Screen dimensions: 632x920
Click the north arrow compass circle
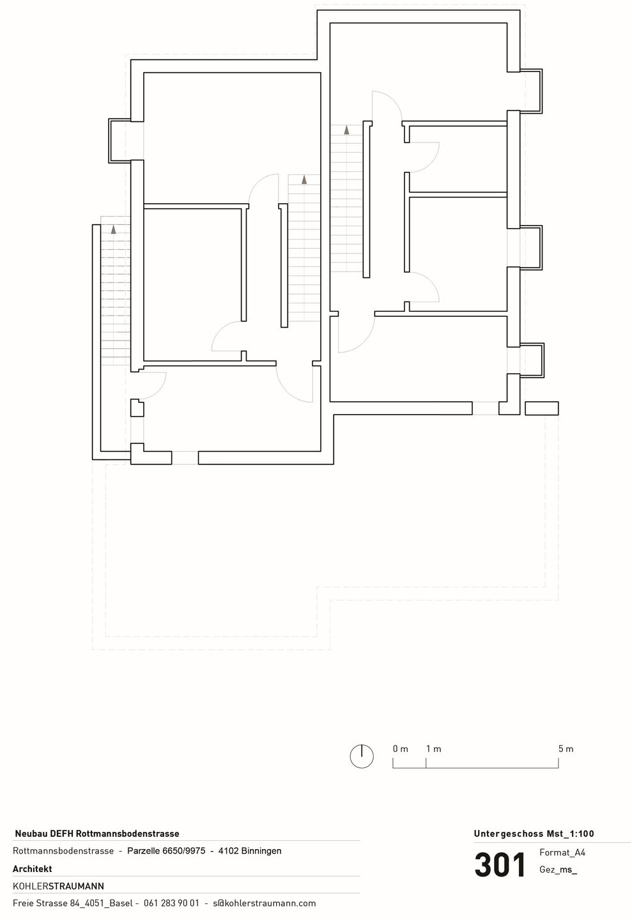(362, 756)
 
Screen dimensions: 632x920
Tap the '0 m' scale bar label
(400, 749)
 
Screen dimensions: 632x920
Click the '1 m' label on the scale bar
(433, 749)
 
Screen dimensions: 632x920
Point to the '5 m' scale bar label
(566, 749)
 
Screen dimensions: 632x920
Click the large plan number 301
(500, 864)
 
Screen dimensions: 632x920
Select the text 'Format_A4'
(562, 853)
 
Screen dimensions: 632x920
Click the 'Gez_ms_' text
(558, 870)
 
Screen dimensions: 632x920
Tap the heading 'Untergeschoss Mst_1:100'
(534, 834)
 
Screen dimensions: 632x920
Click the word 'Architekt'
(33, 869)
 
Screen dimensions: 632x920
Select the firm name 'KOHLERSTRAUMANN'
(58, 886)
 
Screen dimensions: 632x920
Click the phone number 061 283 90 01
(171, 903)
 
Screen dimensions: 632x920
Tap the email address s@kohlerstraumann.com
(265, 903)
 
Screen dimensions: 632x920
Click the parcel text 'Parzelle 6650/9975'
(166, 850)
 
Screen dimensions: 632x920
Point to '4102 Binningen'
(250, 850)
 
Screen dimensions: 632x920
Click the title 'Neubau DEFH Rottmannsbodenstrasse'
(97, 834)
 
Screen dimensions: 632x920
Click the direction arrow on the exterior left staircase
(113, 229)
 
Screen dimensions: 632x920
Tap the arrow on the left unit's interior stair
(304, 180)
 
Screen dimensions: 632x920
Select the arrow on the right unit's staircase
(346, 130)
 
